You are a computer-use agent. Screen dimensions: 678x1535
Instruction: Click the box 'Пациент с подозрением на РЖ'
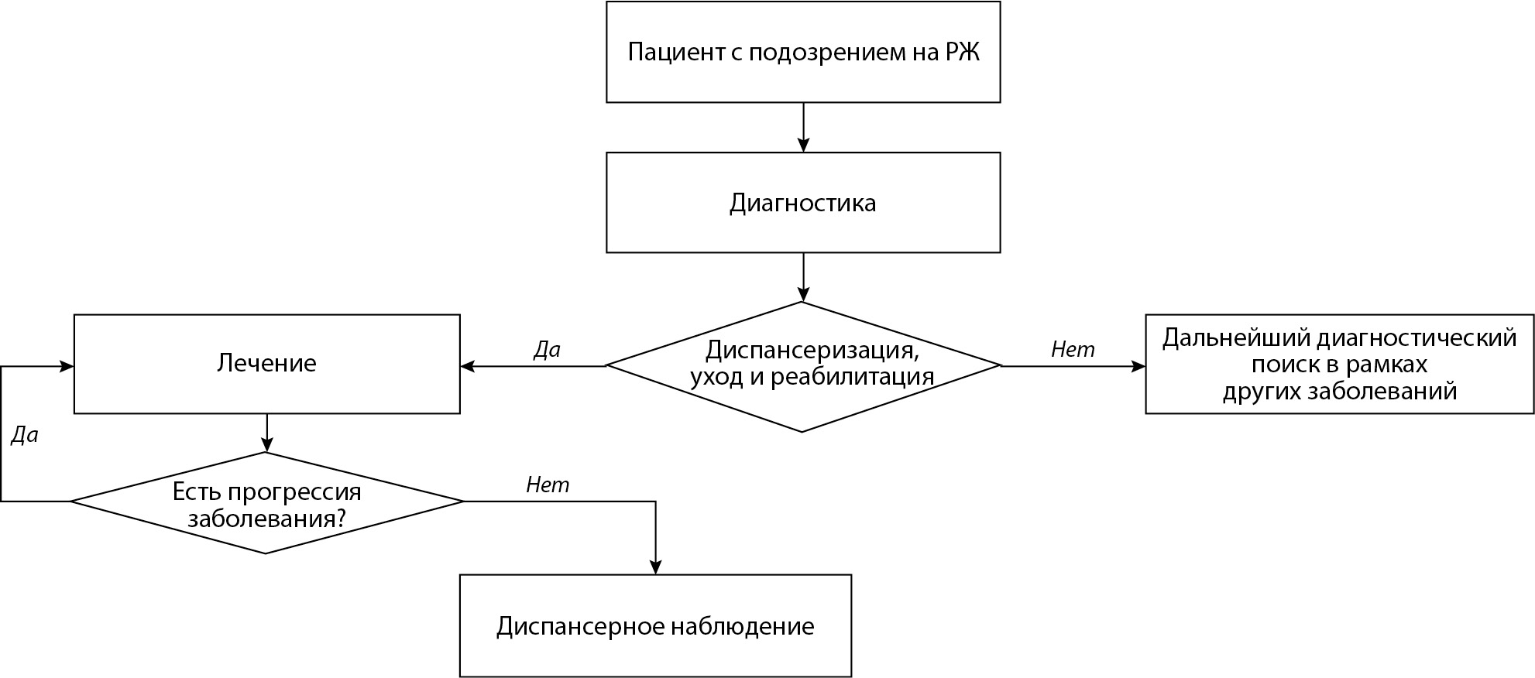click(x=802, y=52)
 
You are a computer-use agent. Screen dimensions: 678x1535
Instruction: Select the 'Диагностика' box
click(x=802, y=202)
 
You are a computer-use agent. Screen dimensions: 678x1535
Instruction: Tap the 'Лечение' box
click(x=266, y=363)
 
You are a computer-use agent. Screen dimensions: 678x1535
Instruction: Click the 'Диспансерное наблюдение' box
click(x=655, y=625)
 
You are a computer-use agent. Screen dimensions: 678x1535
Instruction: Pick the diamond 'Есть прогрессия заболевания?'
click(x=266, y=503)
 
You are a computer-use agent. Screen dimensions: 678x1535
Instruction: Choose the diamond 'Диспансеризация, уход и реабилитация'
click(x=802, y=365)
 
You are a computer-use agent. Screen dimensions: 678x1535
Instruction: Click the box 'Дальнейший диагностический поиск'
click(x=1339, y=364)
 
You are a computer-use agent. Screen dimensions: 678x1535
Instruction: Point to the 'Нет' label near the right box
click(x=1073, y=350)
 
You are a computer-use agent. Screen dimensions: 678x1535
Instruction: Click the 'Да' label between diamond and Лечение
click(x=547, y=350)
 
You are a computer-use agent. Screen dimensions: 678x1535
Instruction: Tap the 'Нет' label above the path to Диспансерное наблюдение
click(x=548, y=485)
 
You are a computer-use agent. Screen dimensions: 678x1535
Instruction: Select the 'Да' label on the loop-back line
click(x=24, y=436)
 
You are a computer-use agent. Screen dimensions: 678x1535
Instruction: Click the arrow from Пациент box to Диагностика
click(x=803, y=127)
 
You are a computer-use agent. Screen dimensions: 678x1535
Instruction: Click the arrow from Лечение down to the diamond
click(x=266, y=433)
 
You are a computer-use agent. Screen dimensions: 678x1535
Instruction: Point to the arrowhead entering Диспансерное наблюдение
click(x=656, y=567)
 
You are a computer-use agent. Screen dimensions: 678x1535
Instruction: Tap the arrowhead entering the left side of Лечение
click(x=67, y=366)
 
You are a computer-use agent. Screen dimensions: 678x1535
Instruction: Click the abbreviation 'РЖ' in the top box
click(x=962, y=53)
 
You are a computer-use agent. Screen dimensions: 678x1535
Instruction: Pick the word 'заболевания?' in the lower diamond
click(x=266, y=518)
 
